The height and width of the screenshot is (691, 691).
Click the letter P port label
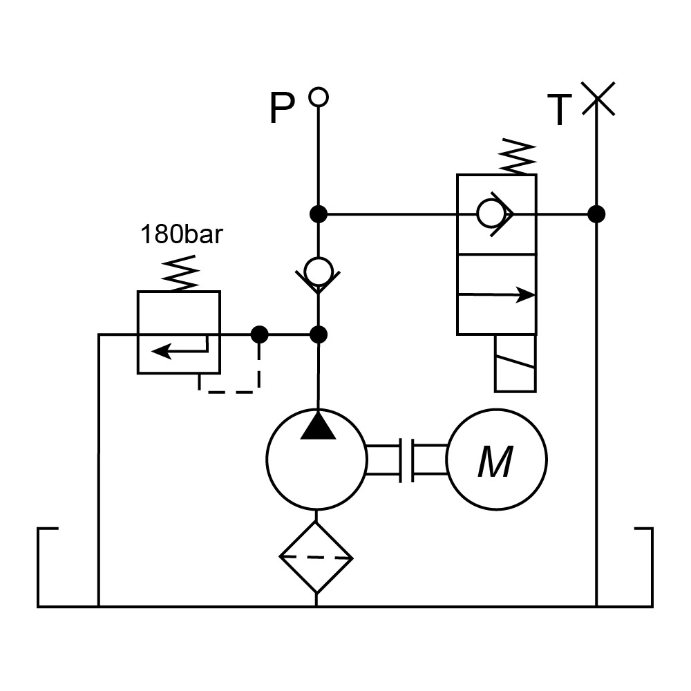click(x=282, y=109)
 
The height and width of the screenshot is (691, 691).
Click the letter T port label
click(x=560, y=111)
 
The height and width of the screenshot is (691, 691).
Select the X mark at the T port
click(x=597, y=99)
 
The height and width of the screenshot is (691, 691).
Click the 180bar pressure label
click(x=182, y=236)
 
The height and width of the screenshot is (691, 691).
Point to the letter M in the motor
click(x=495, y=462)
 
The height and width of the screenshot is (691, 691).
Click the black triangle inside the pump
click(x=318, y=426)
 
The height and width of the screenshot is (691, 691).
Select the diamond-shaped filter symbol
click(x=316, y=557)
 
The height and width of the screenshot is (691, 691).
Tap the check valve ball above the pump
click(x=318, y=271)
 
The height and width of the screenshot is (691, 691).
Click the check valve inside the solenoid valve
click(x=492, y=214)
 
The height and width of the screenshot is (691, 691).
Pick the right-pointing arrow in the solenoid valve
click(x=498, y=294)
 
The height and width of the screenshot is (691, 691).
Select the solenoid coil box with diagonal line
click(x=515, y=363)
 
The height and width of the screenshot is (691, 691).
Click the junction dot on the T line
click(x=596, y=214)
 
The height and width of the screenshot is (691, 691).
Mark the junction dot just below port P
click(x=318, y=214)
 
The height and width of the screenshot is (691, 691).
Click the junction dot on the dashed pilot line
click(x=259, y=335)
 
